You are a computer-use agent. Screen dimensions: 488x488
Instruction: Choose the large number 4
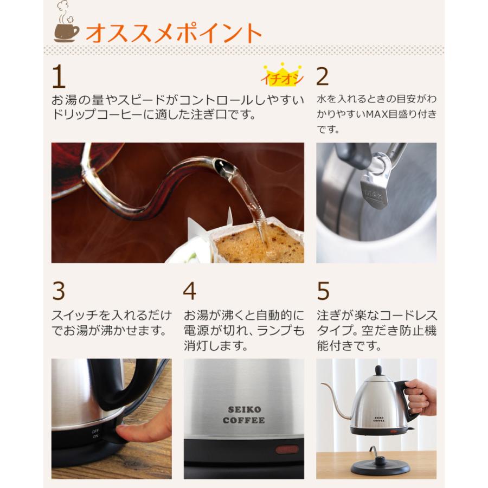189,292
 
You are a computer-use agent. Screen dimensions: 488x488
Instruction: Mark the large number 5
323,292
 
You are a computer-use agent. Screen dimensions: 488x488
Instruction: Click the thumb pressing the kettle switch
130,434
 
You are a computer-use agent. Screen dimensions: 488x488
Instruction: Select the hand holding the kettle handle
421,396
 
